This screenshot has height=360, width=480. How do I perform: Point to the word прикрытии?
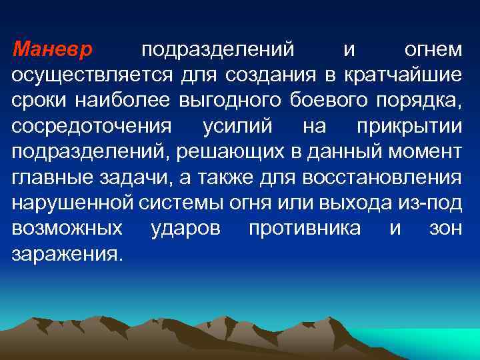pyautogui.click(x=408, y=126)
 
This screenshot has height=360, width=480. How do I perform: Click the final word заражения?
pyautogui.click(x=67, y=254)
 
